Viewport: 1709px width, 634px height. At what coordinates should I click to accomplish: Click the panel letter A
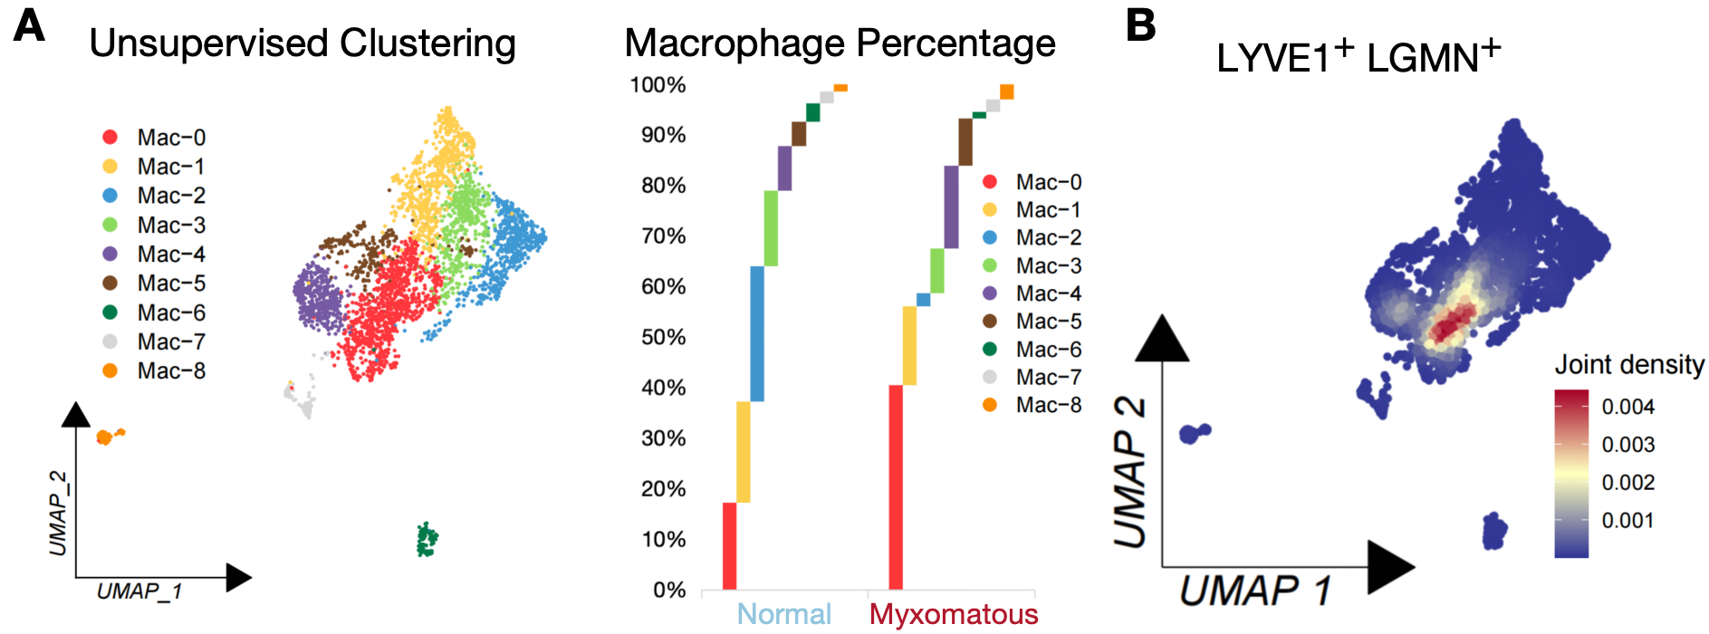[x=29, y=25]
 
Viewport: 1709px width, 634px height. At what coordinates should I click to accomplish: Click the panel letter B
[x=1141, y=25]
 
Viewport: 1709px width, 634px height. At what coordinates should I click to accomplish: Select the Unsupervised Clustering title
[x=302, y=43]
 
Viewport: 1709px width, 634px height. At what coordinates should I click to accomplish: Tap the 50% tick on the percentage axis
[x=658, y=337]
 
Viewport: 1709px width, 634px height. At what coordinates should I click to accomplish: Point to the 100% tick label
[x=658, y=85]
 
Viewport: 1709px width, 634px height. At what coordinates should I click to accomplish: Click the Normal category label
[x=783, y=614]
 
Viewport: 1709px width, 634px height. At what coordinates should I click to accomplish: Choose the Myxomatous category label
[x=954, y=614]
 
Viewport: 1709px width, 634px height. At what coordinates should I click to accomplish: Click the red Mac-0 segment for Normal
[x=729, y=546]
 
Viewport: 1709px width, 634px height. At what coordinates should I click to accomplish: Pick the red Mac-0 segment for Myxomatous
[x=896, y=487]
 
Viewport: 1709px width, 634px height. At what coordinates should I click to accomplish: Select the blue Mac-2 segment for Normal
[x=757, y=333]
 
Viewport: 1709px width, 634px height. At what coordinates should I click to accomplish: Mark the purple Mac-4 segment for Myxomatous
[x=951, y=207]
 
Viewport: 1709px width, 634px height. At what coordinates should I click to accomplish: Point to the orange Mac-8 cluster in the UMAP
[x=107, y=437]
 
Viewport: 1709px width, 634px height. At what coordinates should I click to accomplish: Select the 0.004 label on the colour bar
[x=1627, y=407]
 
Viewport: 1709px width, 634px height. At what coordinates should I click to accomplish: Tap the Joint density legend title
[x=1629, y=365]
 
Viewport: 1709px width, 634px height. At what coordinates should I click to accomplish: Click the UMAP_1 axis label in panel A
[x=139, y=591]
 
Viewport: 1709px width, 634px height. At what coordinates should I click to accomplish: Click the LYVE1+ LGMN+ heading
[x=1358, y=57]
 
